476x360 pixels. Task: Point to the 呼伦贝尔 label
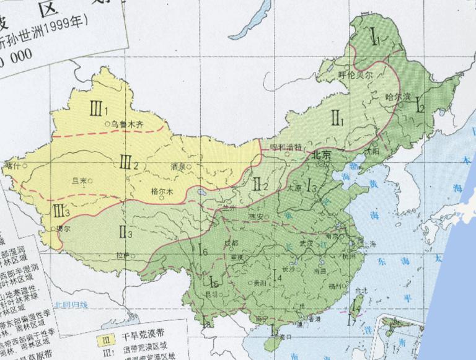point(356,74)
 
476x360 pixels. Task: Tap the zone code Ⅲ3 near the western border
point(61,211)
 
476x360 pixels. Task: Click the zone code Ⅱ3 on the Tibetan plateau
point(125,233)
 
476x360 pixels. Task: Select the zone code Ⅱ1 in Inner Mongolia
point(337,116)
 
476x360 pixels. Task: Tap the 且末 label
point(80,181)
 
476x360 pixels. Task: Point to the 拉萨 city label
point(122,255)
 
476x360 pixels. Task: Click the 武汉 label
point(306,243)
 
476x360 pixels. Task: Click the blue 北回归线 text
point(71,304)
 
